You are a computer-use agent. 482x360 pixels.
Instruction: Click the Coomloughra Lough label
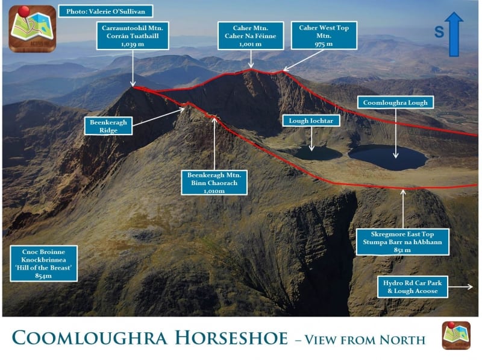click(395, 103)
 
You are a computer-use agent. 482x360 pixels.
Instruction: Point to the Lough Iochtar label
click(311, 121)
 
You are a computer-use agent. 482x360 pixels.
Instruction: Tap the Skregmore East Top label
click(402, 241)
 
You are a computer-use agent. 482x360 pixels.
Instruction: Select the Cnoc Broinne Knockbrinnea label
click(43, 263)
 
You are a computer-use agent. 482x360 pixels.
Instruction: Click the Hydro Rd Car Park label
click(413, 287)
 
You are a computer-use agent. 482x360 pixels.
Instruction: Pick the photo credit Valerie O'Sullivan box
click(105, 11)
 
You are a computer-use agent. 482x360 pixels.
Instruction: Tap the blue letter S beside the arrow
click(439, 33)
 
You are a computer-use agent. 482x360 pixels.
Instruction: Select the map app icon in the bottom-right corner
click(456, 335)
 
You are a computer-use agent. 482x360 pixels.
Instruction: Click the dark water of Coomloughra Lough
click(387, 157)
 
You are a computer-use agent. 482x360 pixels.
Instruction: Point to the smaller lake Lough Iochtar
click(318, 154)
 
